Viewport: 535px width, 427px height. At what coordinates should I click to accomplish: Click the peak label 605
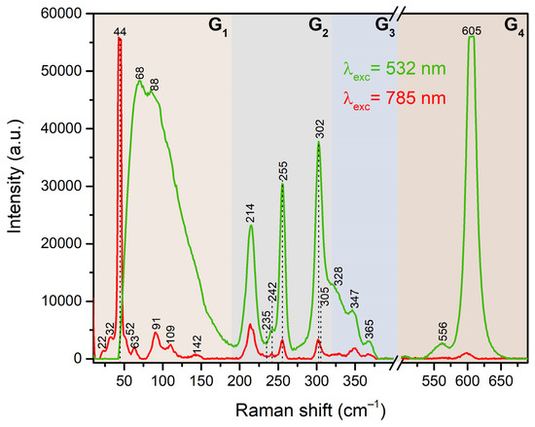point(472,31)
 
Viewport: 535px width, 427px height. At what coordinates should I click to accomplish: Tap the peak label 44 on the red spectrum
point(120,32)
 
